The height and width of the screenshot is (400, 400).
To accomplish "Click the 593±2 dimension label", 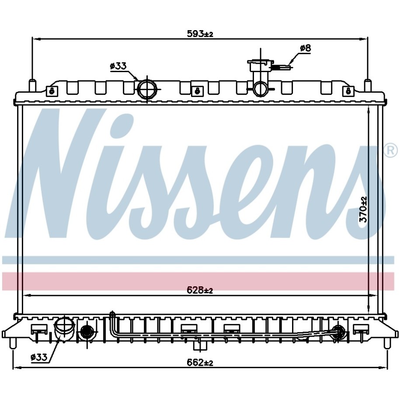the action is click(200, 33).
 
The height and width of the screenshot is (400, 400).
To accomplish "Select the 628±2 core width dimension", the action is click(200, 290).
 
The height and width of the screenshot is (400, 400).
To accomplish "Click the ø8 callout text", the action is click(306, 48).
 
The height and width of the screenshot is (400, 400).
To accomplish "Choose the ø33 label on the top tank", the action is click(118, 66).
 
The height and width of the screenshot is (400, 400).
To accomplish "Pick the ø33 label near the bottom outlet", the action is click(39, 358).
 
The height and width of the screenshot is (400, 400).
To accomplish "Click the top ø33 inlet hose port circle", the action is click(147, 89).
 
